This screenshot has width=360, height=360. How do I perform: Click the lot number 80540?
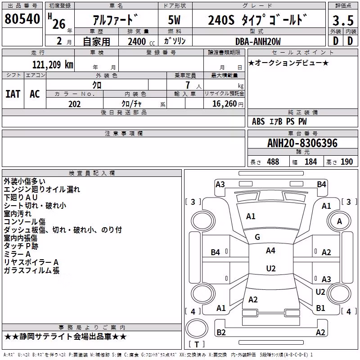(x=22, y=19)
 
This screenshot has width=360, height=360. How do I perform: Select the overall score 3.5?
(x=343, y=21)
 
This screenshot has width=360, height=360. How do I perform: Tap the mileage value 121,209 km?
(x=53, y=65)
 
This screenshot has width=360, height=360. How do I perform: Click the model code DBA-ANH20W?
(x=258, y=41)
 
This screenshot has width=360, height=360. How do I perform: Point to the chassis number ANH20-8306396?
(x=302, y=143)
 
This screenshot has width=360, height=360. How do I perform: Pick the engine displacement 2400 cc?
(x=141, y=41)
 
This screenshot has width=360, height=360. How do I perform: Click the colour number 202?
(x=74, y=104)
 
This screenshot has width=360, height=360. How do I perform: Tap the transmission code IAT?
(x=13, y=94)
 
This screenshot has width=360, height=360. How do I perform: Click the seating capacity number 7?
(x=188, y=85)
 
